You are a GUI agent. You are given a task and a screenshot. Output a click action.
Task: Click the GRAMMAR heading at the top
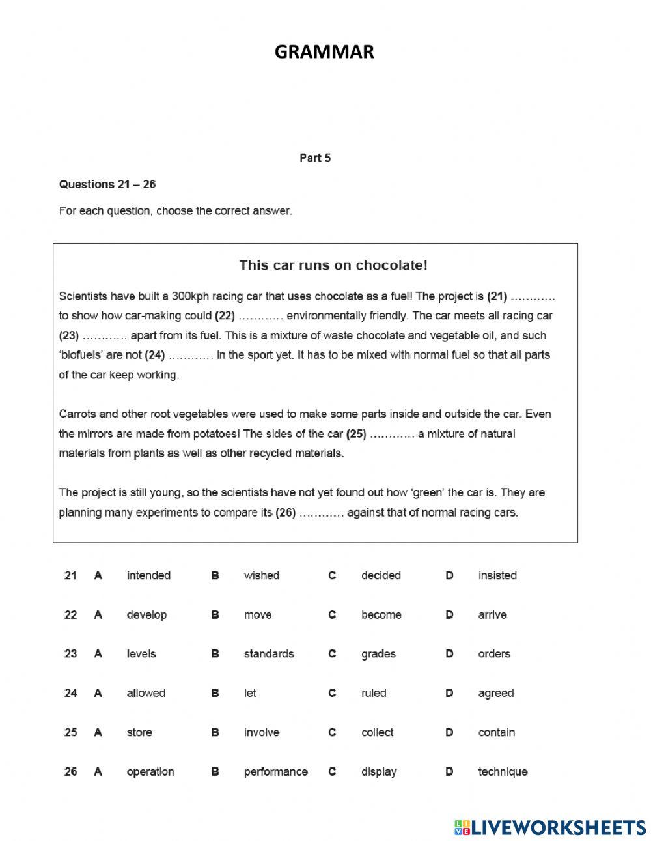pos(324,52)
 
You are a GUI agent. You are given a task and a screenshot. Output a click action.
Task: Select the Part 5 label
pos(315,158)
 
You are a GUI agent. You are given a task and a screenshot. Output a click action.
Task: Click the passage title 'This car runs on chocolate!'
pos(333,265)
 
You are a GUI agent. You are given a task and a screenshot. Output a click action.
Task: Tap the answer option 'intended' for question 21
pos(148,575)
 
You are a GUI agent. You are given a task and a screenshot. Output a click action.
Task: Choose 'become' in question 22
pos(381,614)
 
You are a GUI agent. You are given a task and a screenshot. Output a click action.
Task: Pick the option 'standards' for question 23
pos(269,653)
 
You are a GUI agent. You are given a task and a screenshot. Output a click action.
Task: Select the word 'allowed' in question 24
pos(146,693)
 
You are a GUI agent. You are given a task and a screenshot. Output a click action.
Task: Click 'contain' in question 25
pos(496,732)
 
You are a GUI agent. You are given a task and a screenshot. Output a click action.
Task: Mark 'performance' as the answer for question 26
pos(275,771)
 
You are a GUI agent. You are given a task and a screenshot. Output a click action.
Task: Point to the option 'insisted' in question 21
pos(497,575)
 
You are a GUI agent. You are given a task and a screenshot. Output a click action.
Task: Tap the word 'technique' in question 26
pos(503,771)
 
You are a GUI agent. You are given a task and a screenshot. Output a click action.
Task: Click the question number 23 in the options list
pos(70,653)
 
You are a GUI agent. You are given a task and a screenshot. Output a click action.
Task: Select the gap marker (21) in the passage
pos(497,296)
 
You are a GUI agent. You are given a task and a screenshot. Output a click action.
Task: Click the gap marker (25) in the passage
pos(356,434)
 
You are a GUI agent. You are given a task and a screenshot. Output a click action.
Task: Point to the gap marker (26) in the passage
pos(286,513)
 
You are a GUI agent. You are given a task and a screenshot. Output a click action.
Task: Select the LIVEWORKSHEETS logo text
pos(559,827)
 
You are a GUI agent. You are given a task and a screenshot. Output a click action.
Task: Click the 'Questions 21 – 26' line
pos(107,184)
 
